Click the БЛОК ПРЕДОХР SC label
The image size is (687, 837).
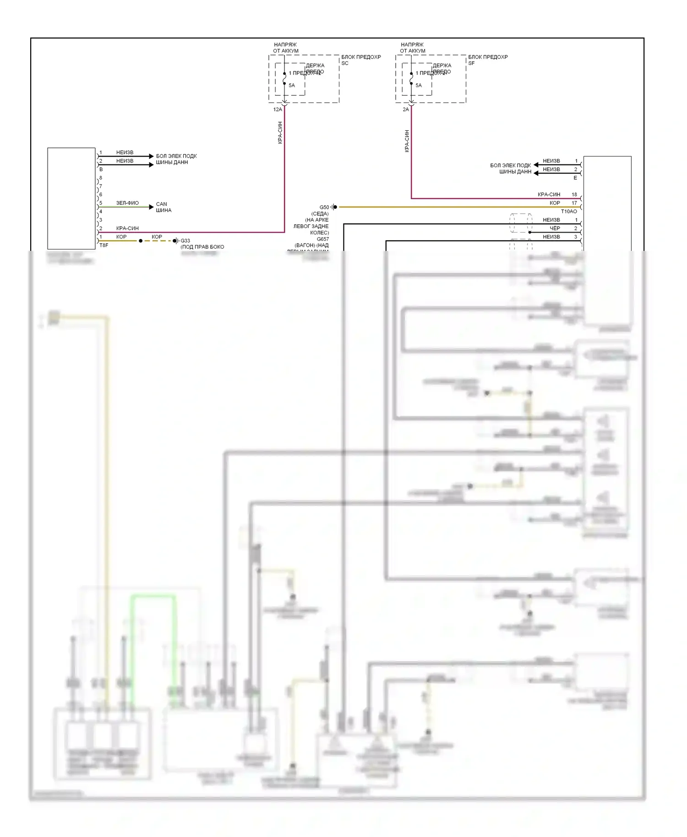360,60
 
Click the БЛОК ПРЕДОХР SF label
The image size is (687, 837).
487,60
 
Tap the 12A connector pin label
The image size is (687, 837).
278,110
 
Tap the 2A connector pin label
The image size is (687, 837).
406,110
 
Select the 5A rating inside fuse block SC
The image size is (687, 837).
292,86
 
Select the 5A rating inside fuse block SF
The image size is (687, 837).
419,86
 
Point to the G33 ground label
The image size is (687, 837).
185,241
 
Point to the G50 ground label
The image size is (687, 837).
324,207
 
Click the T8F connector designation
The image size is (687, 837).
104,245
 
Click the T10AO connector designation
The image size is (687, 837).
569,212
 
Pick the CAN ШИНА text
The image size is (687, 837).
164,207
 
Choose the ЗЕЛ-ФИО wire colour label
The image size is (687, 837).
127,203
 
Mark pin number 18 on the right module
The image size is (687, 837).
574,195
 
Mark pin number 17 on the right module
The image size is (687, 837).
574,203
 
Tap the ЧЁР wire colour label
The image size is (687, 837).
555,228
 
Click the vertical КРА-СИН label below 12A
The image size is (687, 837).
280,133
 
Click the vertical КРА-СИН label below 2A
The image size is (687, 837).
407,141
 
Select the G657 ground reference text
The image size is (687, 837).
323,239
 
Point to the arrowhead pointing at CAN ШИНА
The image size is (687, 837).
151,207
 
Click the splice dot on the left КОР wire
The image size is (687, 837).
141,241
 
